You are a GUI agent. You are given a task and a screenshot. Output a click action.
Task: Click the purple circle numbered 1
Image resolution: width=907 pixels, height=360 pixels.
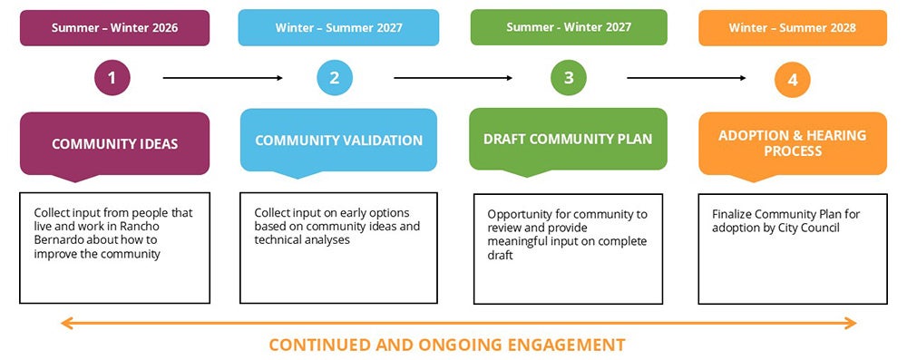[x=112, y=78]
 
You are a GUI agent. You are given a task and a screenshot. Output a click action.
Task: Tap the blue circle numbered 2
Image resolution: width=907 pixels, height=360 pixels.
[x=335, y=78]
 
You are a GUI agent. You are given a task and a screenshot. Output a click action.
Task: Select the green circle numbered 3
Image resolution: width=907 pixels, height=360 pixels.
[x=569, y=78]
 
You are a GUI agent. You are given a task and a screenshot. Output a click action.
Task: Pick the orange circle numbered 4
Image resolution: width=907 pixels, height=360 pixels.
[x=792, y=80]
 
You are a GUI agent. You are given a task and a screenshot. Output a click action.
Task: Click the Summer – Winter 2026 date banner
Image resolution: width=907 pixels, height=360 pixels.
[x=114, y=28]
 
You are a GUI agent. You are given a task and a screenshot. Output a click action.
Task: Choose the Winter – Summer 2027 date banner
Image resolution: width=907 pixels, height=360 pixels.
[x=338, y=28]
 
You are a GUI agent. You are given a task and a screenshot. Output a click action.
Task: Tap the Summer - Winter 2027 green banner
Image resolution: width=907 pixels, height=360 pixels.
[x=569, y=27]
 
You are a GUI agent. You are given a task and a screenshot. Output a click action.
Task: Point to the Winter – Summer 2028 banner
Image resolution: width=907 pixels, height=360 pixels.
[x=792, y=28]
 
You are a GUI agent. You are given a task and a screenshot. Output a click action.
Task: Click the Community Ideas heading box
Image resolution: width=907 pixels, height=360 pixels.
[x=114, y=143]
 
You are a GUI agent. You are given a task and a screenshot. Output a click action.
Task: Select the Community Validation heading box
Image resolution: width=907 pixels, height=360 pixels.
[x=338, y=141]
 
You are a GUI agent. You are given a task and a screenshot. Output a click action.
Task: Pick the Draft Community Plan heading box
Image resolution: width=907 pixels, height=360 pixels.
[x=568, y=140]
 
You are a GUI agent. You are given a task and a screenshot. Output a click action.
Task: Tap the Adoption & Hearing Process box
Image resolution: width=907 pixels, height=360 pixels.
[x=792, y=142]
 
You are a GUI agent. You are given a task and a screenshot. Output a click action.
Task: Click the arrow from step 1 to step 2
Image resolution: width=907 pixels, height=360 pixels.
[x=223, y=78]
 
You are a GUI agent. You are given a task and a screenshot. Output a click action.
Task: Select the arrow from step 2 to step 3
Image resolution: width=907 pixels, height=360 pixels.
[x=453, y=78]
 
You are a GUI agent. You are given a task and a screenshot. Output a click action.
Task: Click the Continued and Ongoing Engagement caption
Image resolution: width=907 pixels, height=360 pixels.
[x=447, y=345]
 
